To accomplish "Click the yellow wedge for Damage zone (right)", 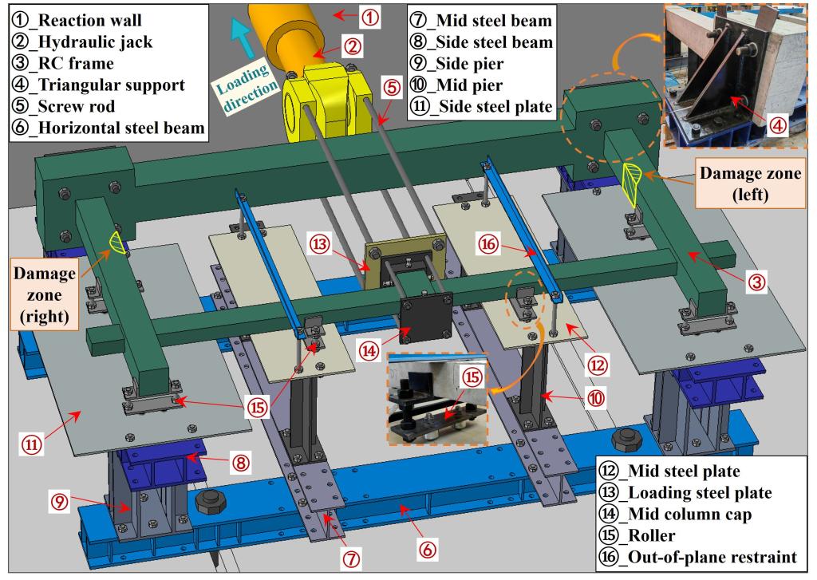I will [115, 244].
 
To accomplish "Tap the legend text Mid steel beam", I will [492, 18].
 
